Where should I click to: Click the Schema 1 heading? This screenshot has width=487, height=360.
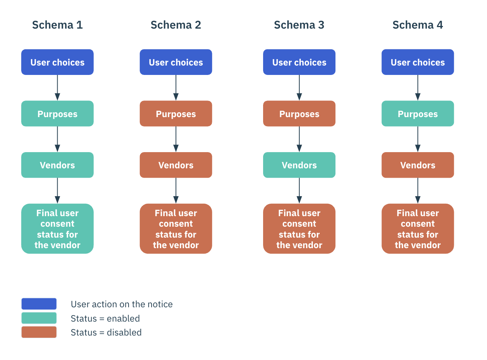click(x=57, y=25)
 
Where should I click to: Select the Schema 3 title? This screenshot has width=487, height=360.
click(x=299, y=25)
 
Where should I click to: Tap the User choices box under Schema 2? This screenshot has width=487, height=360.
click(x=176, y=62)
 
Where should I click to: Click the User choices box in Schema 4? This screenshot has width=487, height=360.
click(x=418, y=62)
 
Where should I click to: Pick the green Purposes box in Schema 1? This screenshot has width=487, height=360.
click(x=57, y=114)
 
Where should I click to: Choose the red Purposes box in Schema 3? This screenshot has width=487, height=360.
click(x=299, y=114)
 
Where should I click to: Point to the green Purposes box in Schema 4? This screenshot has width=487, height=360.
click(x=418, y=114)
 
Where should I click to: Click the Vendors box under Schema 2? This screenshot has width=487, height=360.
click(x=176, y=165)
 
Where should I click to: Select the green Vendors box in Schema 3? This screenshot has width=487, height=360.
click(x=299, y=165)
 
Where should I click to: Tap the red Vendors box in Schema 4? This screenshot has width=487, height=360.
click(x=418, y=165)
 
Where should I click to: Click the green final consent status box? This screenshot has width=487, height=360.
click(x=57, y=229)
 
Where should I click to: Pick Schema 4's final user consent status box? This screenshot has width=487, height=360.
click(x=418, y=229)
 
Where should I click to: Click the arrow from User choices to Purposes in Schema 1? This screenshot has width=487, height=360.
click(x=57, y=88)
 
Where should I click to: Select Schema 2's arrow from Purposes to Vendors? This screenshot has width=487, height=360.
click(x=176, y=139)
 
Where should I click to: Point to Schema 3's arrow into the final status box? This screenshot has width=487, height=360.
click(x=299, y=191)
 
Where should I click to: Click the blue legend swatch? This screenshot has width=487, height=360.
click(x=39, y=304)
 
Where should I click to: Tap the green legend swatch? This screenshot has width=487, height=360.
click(x=39, y=318)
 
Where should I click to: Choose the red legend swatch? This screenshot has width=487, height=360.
click(x=39, y=332)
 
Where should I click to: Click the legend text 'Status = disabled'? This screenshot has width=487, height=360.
click(x=106, y=333)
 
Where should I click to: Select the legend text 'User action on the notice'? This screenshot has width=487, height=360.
click(x=121, y=304)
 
